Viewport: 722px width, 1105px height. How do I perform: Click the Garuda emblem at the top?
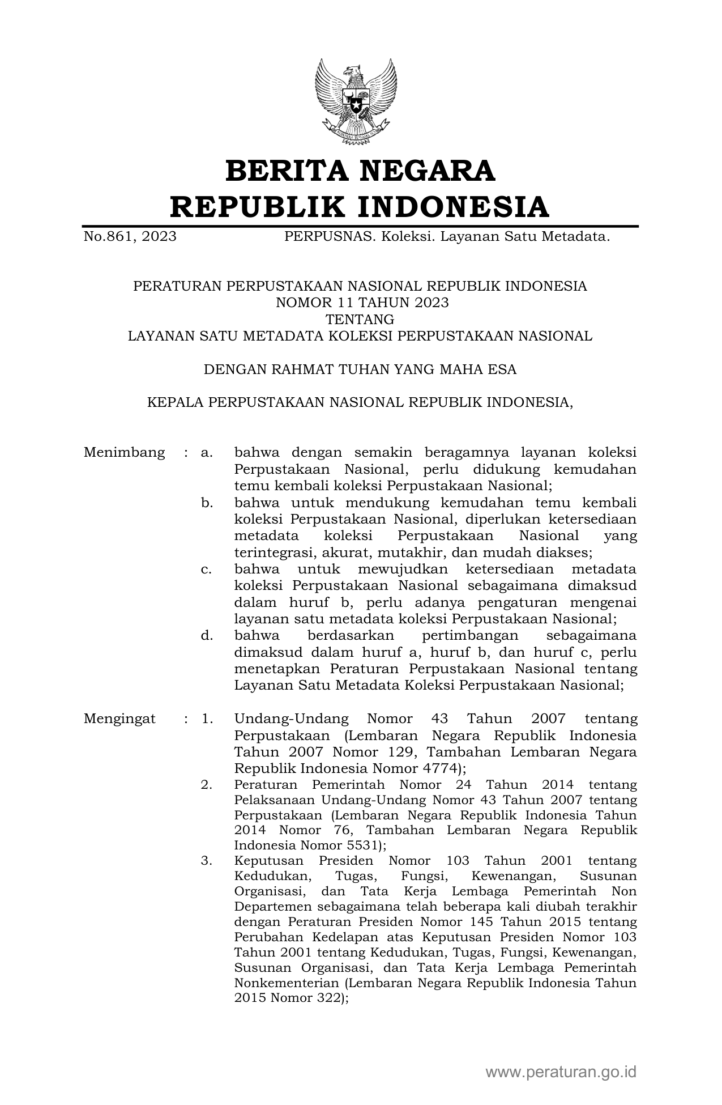(356, 101)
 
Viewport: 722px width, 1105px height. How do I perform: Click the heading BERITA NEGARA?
(360, 171)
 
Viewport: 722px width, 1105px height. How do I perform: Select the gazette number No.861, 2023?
(130, 236)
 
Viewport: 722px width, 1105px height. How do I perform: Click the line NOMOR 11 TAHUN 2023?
(362, 303)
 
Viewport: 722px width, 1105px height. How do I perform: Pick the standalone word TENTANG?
(360, 319)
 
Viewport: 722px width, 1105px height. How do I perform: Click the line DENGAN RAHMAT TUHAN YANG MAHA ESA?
(360, 369)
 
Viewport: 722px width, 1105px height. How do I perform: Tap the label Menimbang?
(124, 452)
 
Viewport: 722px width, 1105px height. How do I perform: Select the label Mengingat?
(119, 719)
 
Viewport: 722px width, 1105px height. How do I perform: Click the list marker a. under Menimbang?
(206, 452)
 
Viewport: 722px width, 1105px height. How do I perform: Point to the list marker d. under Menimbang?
(206, 635)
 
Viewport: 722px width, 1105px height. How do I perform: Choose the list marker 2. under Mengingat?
(206, 785)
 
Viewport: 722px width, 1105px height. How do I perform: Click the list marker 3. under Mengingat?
(206, 861)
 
